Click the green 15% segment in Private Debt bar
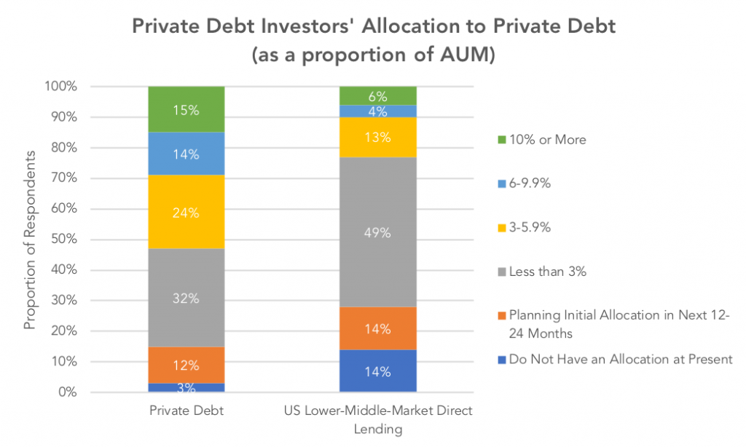tap(185, 109)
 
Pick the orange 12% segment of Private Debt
tap(185, 365)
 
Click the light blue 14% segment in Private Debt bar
tap(185, 154)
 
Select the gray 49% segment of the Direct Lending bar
tap(377, 233)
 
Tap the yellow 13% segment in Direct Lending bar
tap(377, 138)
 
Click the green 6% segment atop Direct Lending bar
tap(377, 95)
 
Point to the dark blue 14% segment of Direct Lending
tap(377, 371)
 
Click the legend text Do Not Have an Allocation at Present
tap(620, 360)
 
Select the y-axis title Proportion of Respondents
tap(30, 240)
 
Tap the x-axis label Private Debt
tap(185, 411)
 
